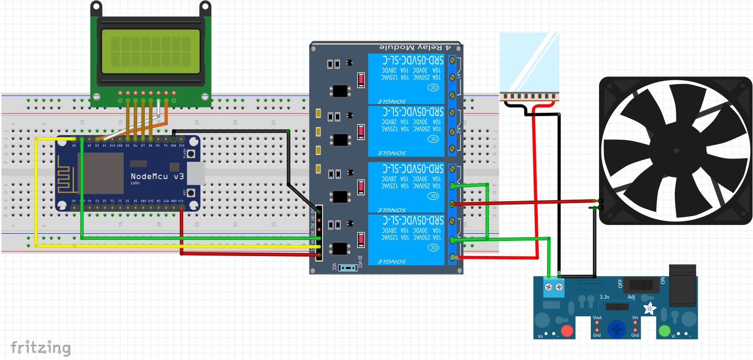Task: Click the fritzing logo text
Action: (41, 348)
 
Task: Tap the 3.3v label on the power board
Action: (604, 297)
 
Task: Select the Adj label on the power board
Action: (632, 297)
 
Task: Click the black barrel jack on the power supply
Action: (683, 286)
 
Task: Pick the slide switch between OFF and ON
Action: (641, 284)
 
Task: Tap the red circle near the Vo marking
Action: (567, 332)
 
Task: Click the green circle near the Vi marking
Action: (664, 331)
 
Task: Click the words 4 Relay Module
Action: (415, 47)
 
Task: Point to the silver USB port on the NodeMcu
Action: (196, 173)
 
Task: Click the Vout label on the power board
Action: (598, 318)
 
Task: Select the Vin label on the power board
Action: (635, 318)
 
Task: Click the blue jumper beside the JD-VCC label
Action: (348, 268)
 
